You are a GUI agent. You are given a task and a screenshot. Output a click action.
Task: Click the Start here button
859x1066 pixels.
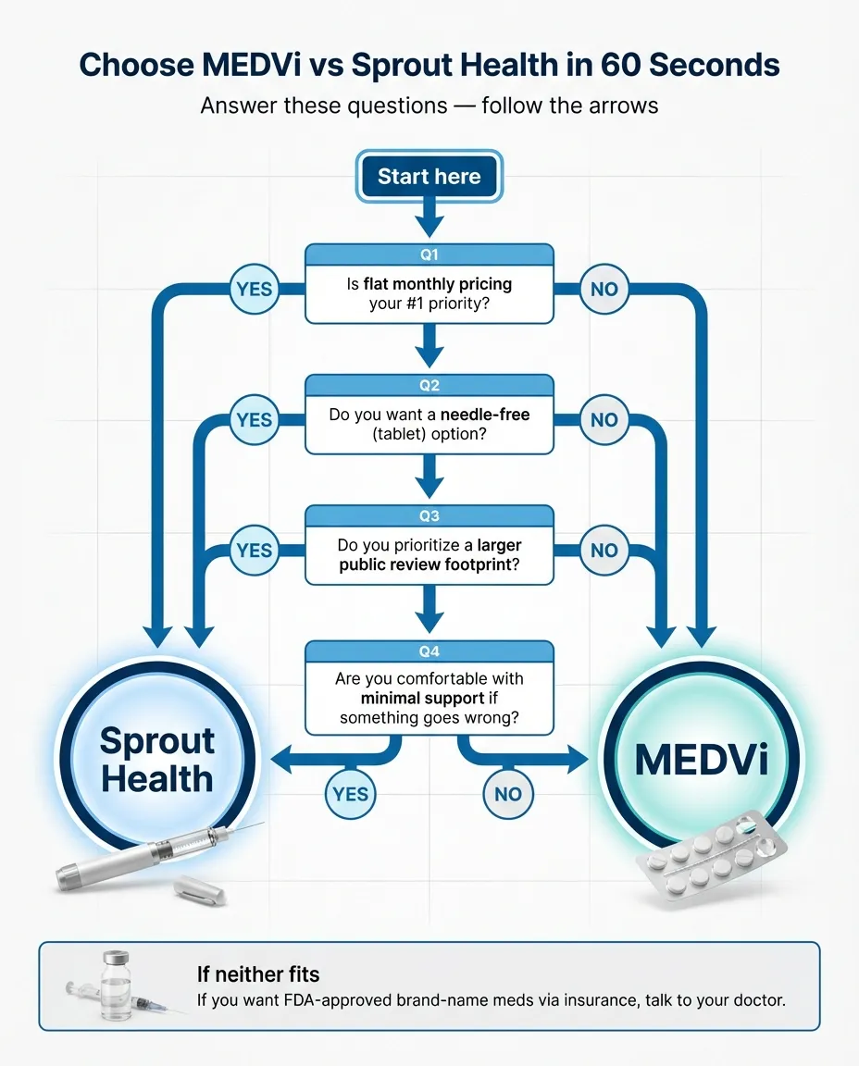click(x=429, y=177)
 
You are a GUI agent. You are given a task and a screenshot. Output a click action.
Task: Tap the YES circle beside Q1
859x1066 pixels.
click(x=254, y=289)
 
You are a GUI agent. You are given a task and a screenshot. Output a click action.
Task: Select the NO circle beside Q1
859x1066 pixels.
click(x=604, y=289)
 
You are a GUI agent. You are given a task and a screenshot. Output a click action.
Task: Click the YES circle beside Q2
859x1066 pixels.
click(x=254, y=419)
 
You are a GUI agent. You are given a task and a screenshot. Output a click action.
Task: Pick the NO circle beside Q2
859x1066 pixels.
click(x=604, y=419)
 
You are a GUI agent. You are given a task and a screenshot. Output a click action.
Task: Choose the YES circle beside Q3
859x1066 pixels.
click(x=254, y=550)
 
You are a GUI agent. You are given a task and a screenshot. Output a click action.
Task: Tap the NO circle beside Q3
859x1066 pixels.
click(x=604, y=550)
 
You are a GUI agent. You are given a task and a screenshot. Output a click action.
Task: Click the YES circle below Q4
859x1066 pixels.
click(x=350, y=793)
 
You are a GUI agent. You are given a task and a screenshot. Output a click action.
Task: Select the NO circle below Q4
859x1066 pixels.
click(x=508, y=793)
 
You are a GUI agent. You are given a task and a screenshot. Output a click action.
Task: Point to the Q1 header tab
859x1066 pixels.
click(x=429, y=254)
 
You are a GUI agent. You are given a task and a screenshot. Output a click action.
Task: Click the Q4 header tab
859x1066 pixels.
click(x=429, y=651)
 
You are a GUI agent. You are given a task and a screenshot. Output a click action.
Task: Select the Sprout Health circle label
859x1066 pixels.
click(x=157, y=760)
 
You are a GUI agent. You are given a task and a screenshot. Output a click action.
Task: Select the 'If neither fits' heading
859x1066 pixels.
click(x=258, y=973)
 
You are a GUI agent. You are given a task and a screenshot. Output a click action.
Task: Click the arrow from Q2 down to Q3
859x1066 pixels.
click(x=429, y=477)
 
